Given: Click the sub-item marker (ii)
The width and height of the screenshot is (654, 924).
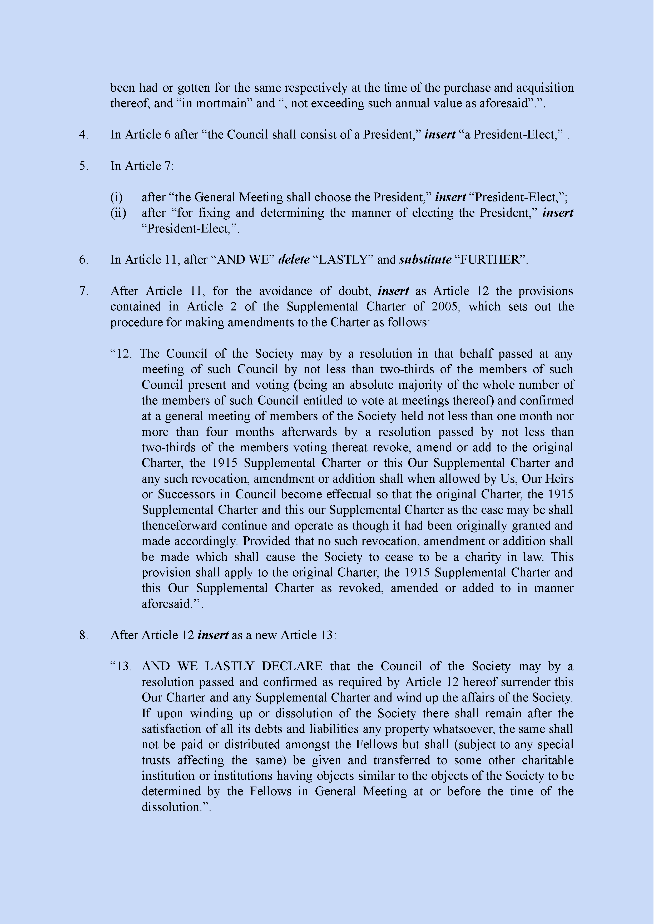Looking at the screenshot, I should tap(118, 213).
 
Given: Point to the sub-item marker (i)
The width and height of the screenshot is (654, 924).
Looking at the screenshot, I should tap(116, 197).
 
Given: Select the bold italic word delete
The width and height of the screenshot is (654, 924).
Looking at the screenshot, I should tap(294, 260).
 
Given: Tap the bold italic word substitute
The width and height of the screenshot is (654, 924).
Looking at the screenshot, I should tap(425, 260).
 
